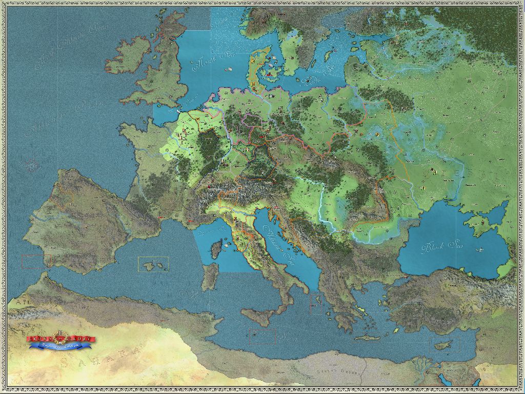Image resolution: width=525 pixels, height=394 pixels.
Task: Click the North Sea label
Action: pos(208,64)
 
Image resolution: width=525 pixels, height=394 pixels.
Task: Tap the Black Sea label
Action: pos(439,248)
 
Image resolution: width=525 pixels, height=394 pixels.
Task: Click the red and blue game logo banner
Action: pos(61,341)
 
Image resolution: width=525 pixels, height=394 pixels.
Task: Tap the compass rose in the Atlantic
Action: pos(32,165)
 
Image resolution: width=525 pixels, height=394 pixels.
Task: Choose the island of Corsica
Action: pos(216,249)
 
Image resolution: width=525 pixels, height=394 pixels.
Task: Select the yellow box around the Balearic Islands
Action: pos(153,264)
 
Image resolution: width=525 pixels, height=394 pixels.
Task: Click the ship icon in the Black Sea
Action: pos(480,250)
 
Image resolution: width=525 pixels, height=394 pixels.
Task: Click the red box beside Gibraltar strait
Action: pos(36,261)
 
